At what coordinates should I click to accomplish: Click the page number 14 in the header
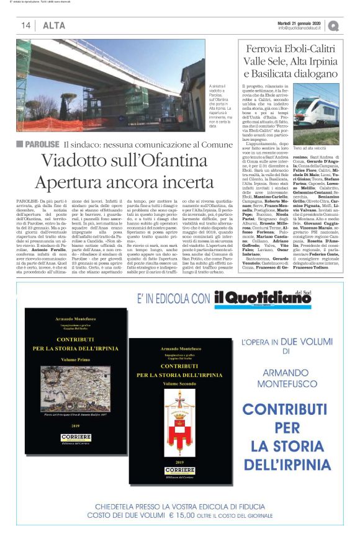point(26,25)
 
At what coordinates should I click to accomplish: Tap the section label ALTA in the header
point(53,25)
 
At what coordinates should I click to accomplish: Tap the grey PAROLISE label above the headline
point(41,144)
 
